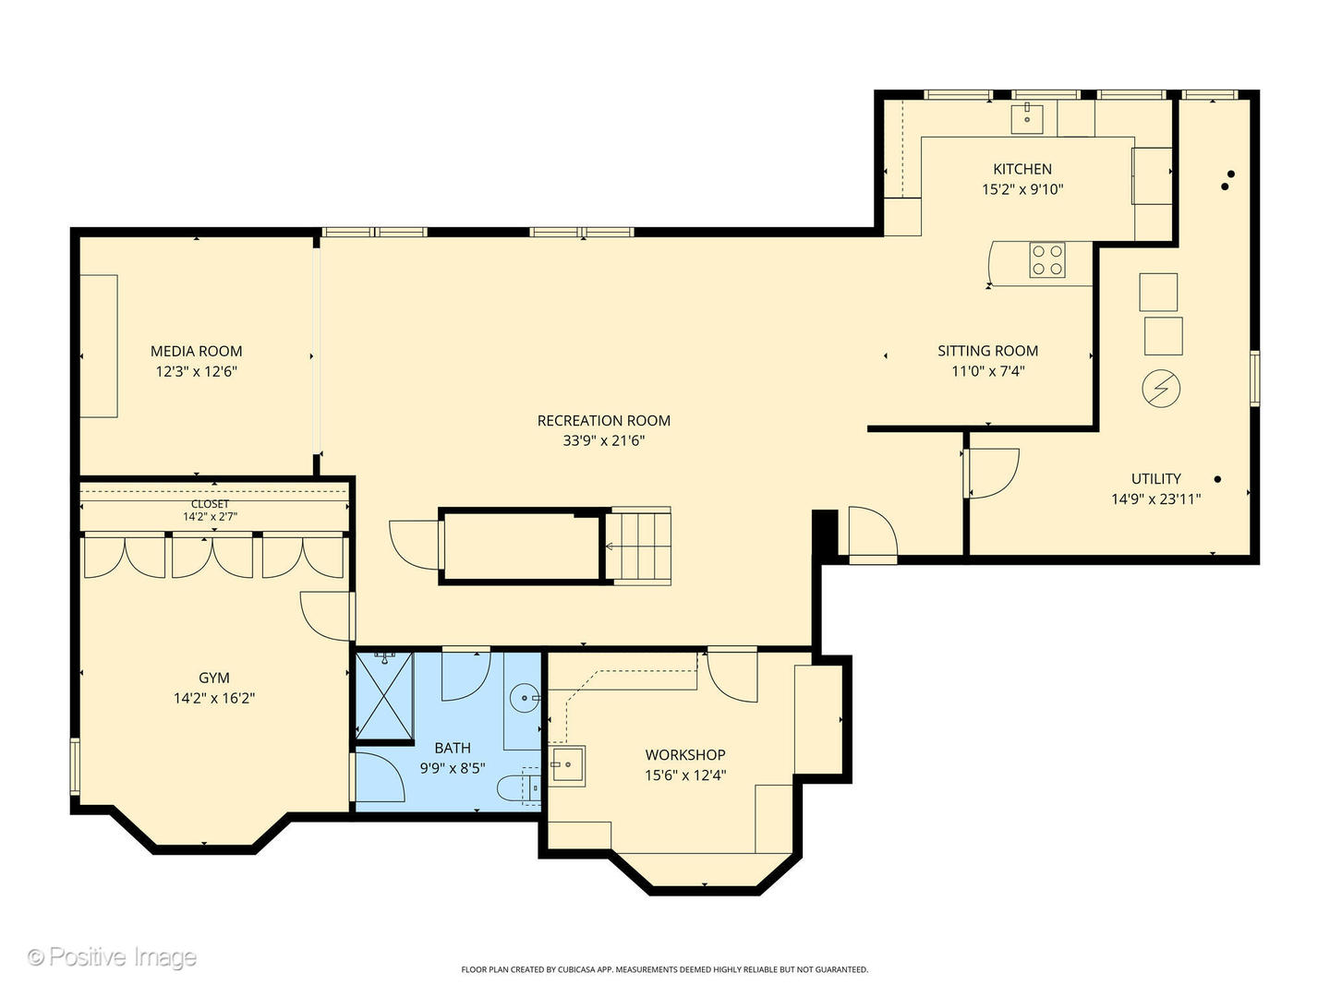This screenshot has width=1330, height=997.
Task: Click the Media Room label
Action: [x=197, y=351]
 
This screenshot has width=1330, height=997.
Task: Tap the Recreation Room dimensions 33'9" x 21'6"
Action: [x=604, y=441]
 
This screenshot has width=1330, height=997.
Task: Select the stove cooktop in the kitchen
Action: [x=1047, y=259]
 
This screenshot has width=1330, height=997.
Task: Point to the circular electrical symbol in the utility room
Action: [x=1161, y=389]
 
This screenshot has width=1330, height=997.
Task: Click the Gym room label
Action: [x=214, y=678]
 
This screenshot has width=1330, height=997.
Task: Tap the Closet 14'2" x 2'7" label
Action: [x=211, y=511]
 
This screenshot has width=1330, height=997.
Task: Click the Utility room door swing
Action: [x=992, y=472]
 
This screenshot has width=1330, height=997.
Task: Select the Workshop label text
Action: [x=685, y=755]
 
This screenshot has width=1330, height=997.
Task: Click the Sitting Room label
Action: [x=987, y=351]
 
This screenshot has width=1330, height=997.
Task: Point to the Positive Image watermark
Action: [x=113, y=957]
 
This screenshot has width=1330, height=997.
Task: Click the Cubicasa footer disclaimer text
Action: [x=664, y=969]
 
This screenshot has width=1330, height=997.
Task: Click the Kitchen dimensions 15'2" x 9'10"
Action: [x=1022, y=189]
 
